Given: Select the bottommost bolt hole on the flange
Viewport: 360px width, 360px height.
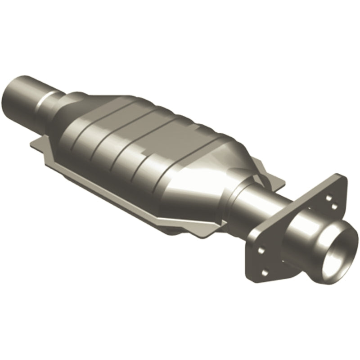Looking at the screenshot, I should tap(264, 272).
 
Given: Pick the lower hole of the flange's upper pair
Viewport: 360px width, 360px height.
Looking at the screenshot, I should tap(334, 206).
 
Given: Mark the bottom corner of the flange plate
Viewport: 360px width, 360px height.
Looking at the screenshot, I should tap(256, 281).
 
